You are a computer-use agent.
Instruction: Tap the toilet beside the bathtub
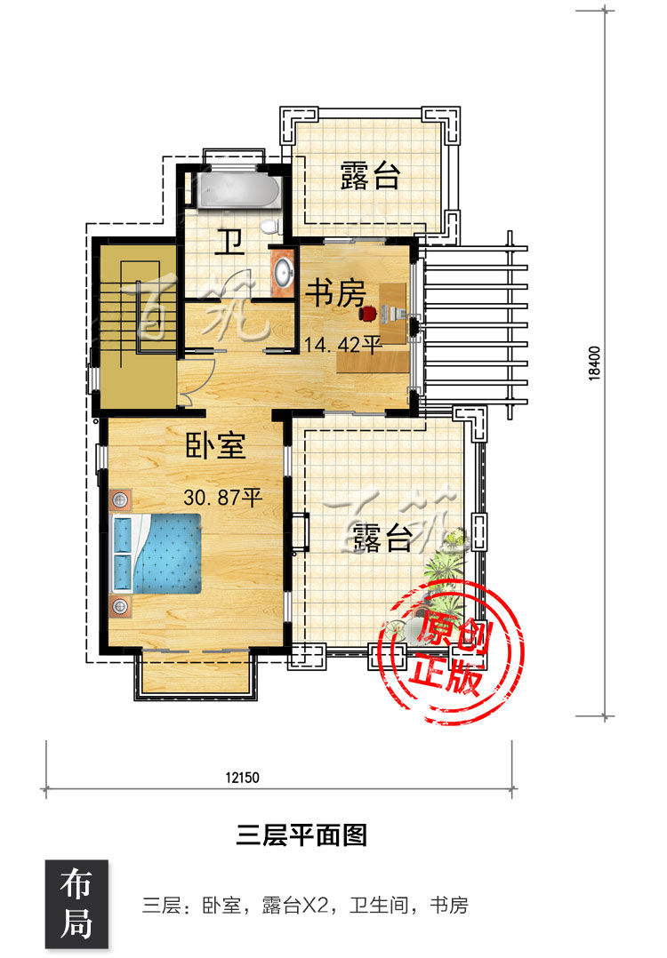(269, 228)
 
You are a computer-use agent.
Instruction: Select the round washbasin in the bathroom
(283, 273)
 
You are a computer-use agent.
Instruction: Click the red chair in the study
(367, 313)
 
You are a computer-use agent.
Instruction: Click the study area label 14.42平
(343, 345)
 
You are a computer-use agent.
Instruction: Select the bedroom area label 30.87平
(222, 498)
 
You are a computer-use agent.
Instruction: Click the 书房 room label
(335, 293)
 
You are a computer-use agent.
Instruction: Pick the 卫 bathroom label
(229, 243)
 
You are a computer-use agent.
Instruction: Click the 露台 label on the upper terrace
(370, 175)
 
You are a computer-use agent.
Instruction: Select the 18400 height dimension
(594, 363)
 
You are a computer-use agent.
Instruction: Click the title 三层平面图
(301, 835)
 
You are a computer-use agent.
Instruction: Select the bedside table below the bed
(121, 606)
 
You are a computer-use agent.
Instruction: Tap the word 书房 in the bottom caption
(449, 905)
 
